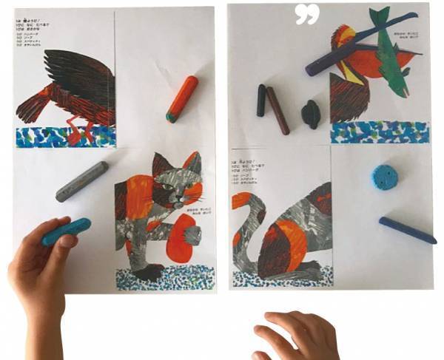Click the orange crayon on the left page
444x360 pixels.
point(182,98)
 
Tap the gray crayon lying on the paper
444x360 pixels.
point(81,181)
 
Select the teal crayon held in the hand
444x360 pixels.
point(65,231)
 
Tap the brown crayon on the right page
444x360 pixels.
point(278,110)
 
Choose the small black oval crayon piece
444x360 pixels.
point(310,114)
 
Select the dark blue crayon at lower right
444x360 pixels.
point(407,230)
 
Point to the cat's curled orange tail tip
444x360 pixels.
point(241,200)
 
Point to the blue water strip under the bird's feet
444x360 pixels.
point(66,137)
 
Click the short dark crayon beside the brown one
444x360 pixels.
point(261,100)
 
